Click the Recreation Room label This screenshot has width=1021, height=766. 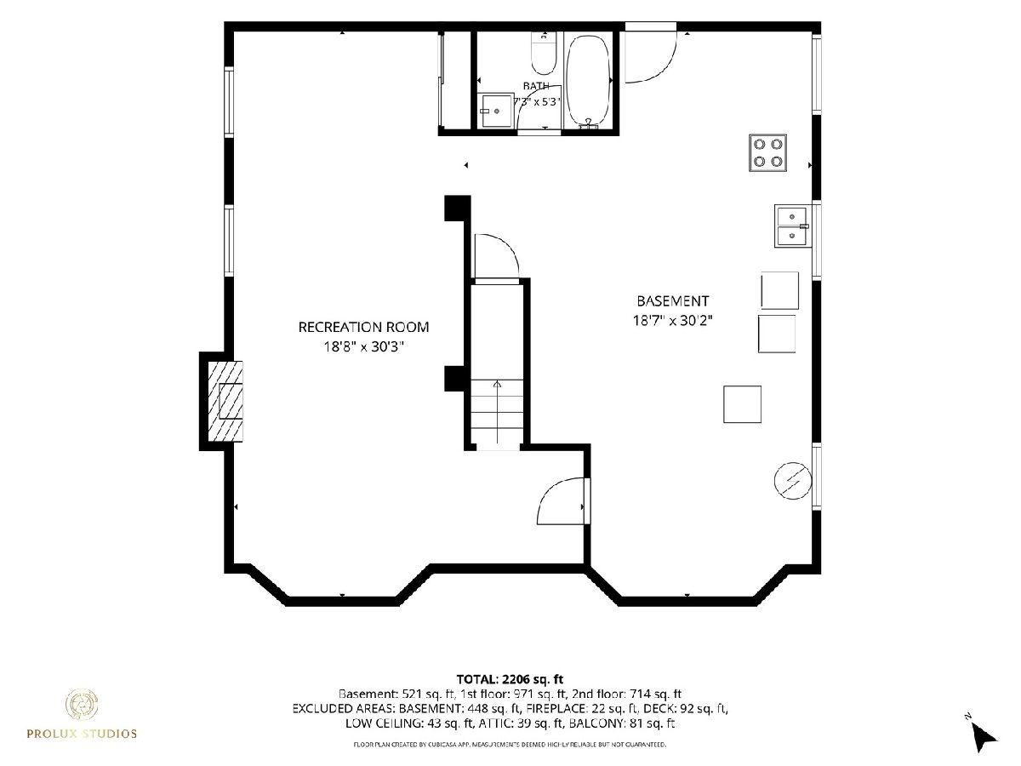point(363,327)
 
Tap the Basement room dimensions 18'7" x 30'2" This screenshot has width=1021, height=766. point(673,321)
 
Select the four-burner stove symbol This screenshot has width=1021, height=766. point(767,152)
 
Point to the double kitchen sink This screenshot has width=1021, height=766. point(791,226)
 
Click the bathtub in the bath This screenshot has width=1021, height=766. point(587,82)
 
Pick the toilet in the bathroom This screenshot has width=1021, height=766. point(544,54)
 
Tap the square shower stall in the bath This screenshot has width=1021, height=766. point(496,111)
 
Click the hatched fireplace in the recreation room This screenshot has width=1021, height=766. point(225,402)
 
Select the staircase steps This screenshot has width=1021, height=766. point(497,412)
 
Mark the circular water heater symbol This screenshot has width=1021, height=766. point(793,481)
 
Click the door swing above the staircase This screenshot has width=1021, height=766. point(496,257)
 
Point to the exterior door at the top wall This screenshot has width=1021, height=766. point(650,54)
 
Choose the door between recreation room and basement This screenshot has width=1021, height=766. point(562,502)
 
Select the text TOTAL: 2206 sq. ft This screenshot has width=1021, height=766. point(510,679)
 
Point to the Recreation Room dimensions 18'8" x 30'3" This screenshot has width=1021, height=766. point(363,346)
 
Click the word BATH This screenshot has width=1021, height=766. point(536,86)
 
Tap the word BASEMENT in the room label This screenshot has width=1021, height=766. point(673,301)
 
